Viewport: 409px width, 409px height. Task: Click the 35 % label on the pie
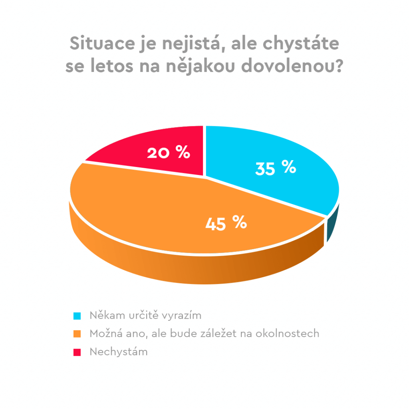pyautogui.click(x=276, y=169)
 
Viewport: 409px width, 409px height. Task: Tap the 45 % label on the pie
pyautogui.click(x=226, y=223)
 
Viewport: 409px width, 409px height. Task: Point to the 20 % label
pyautogui.click(x=168, y=153)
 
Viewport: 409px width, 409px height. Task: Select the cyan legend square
pyautogui.click(x=77, y=316)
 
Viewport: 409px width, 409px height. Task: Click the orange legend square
pyautogui.click(x=77, y=334)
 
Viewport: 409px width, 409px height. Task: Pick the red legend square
pyautogui.click(x=77, y=352)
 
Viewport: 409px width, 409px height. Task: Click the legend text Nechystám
pyautogui.click(x=119, y=352)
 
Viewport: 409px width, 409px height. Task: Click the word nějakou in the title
pyautogui.click(x=206, y=66)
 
